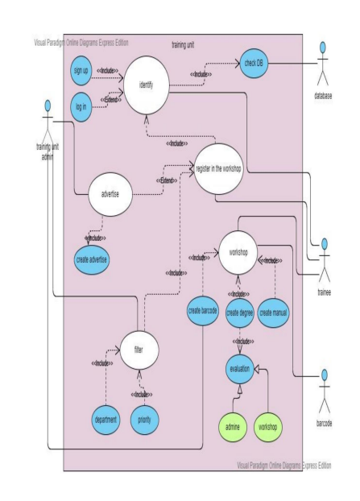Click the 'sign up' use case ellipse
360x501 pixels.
[x=81, y=69]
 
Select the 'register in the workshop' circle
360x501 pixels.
[x=217, y=169]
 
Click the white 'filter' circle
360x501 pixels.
[x=138, y=350]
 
